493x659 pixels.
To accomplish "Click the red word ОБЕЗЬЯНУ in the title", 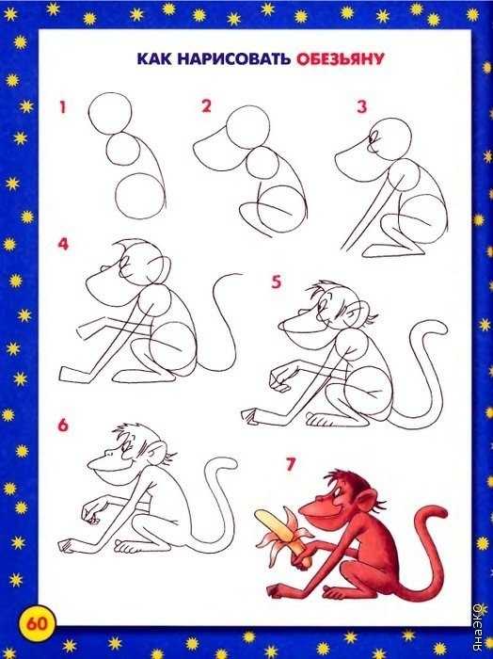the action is click(341, 59).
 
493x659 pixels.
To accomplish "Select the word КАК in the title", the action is click(153, 58).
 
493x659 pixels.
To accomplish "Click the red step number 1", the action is click(63, 107).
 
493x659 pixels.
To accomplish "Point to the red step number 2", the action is click(206, 105).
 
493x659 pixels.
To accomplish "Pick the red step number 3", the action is click(362, 106).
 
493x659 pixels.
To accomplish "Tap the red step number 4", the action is click(63, 244).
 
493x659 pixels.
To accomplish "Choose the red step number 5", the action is click(276, 282).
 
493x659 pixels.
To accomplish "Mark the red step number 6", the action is click(63, 426).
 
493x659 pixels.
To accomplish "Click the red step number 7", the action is click(291, 464).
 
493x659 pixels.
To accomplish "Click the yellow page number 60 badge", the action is click(37, 623).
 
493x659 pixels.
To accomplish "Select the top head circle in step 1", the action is click(110, 114).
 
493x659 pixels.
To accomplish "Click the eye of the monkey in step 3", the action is click(374, 137).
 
